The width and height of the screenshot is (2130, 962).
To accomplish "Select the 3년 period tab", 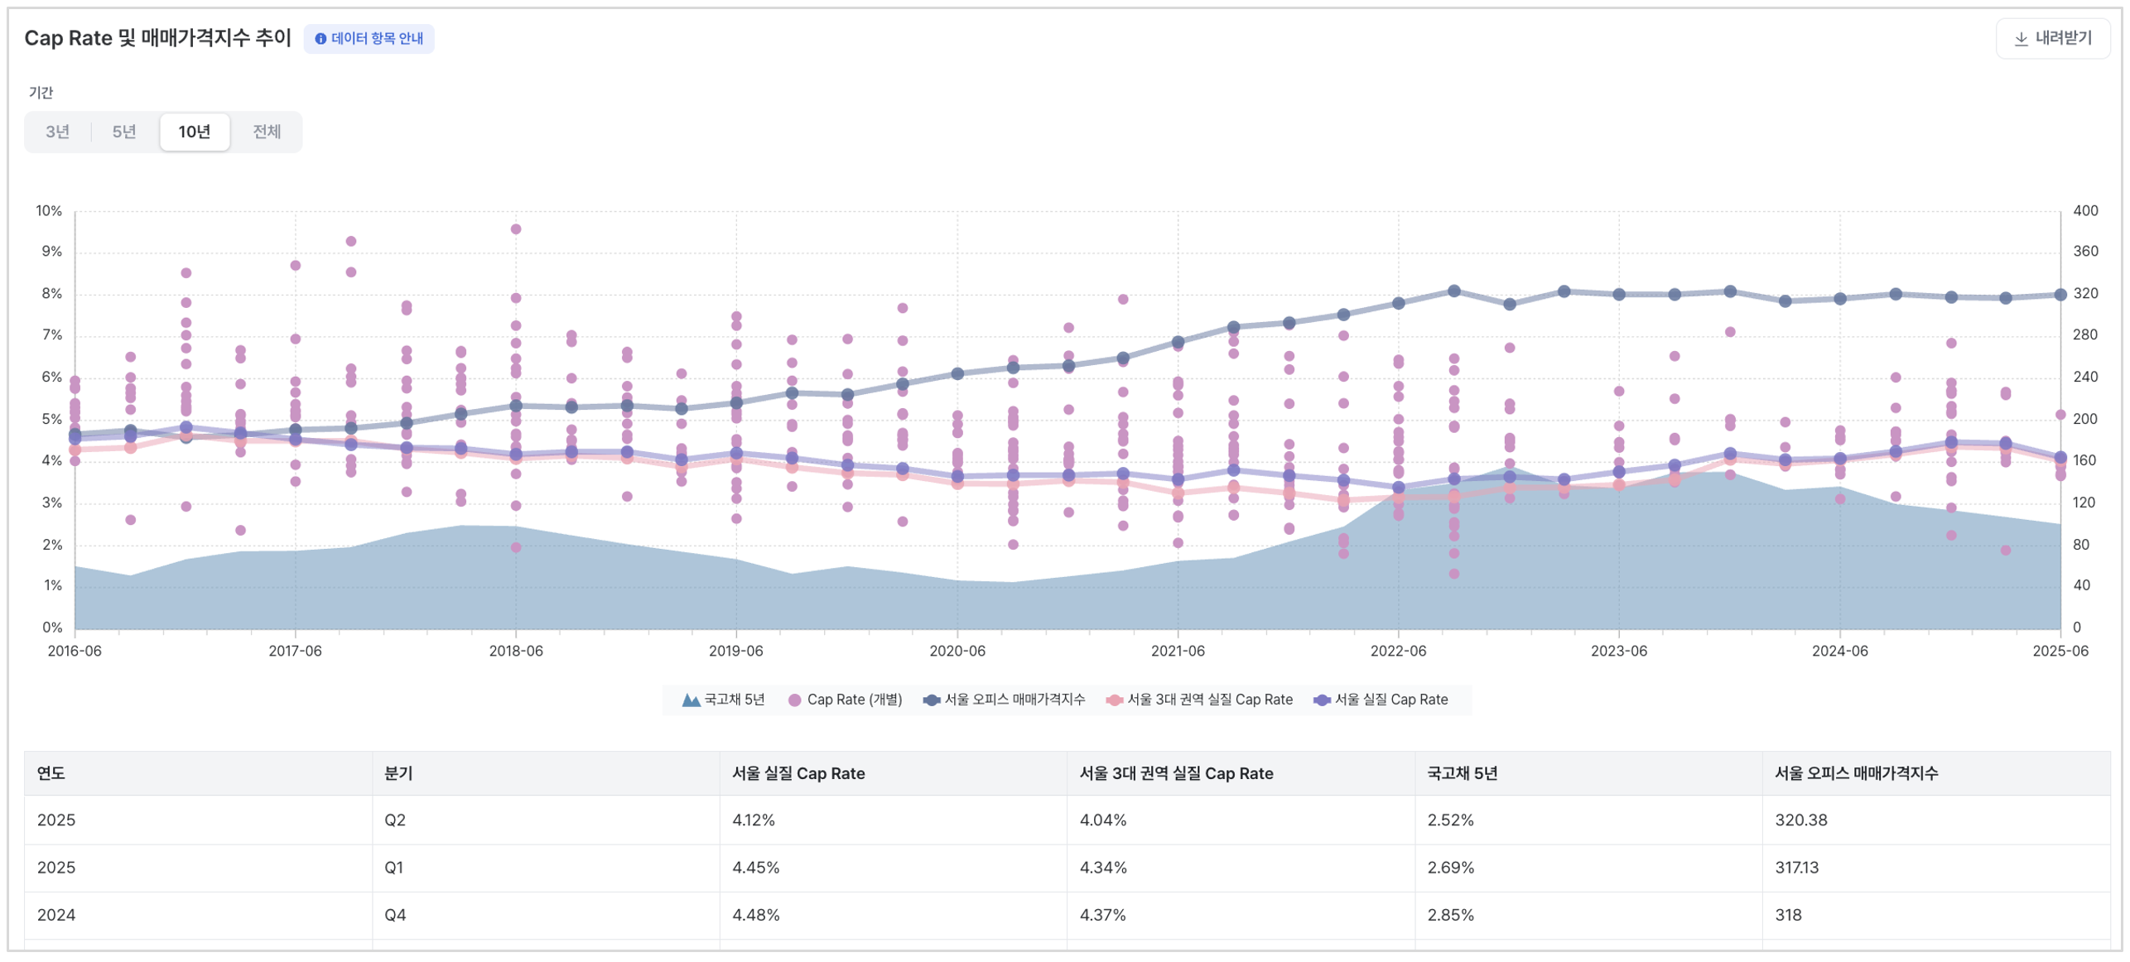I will (57, 132).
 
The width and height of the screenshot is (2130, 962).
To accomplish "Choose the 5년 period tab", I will (124, 132).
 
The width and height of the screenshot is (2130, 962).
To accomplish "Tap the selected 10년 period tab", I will (194, 132).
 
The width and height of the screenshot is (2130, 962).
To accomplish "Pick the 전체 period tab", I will (266, 132).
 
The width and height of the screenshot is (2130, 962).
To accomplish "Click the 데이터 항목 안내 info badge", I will (369, 38).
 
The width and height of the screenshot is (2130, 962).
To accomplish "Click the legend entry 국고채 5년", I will (723, 700).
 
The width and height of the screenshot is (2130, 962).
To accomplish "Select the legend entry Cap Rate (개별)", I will (845, 700).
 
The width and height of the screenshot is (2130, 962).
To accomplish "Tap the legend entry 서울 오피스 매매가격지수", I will (1004, 700).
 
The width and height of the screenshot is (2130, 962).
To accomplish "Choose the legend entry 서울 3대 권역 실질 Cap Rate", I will (1199, 700).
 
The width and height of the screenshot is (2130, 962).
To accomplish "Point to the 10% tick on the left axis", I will (49, 210).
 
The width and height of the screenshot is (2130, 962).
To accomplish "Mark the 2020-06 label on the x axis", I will (957, 651).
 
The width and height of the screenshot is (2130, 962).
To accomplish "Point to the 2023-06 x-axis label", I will (1617, 651).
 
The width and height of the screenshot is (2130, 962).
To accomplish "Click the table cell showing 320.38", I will (1800, 820).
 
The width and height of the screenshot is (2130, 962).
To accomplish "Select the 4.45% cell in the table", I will (755, 867).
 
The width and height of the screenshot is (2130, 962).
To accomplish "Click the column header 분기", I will (398, 773).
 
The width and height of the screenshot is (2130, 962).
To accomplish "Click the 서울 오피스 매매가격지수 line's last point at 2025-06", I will (2059, 295).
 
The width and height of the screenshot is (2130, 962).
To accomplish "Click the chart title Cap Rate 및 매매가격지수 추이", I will (157, 38).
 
